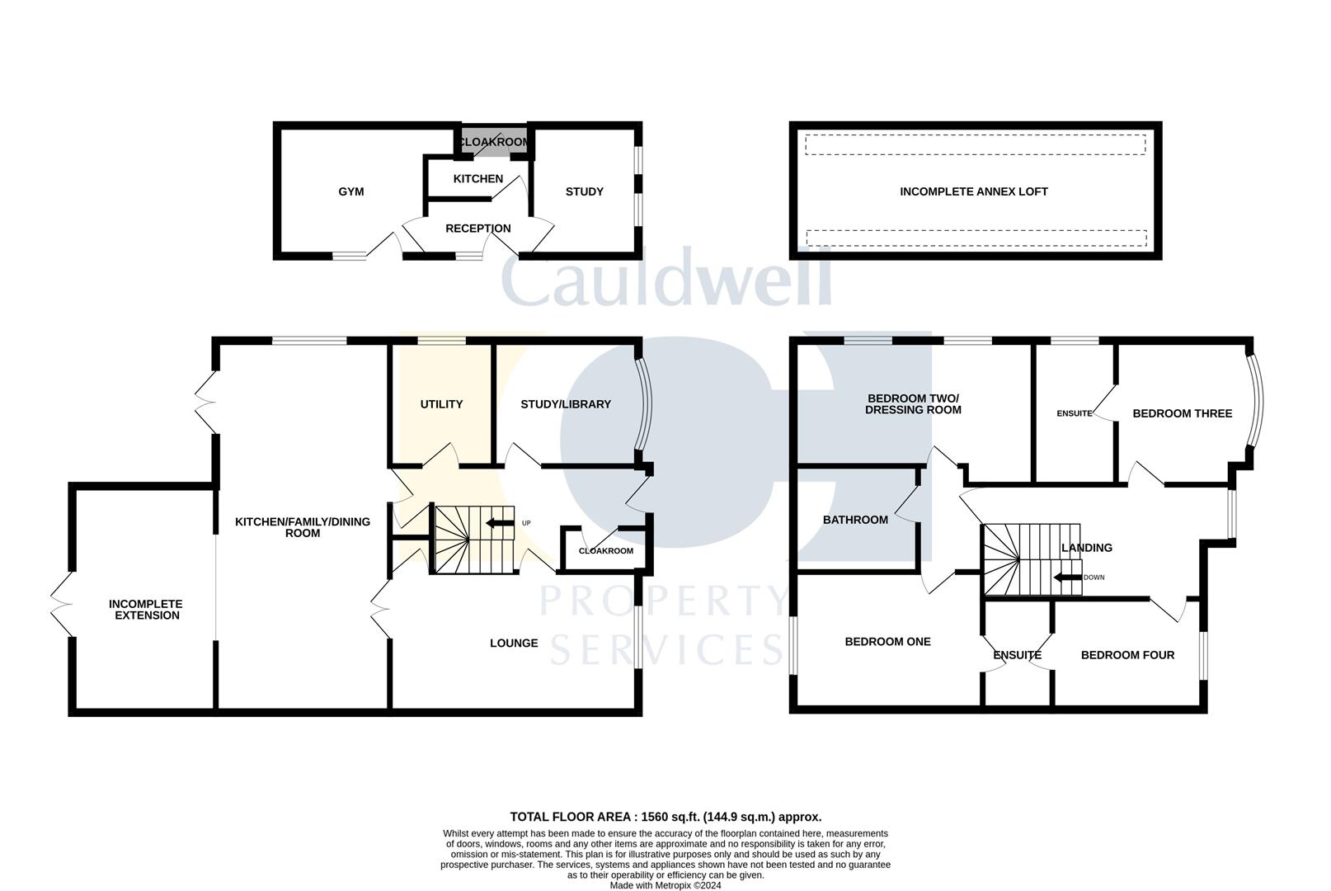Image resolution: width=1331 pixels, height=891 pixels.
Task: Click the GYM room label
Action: pyautogui.click(x=350, y=191)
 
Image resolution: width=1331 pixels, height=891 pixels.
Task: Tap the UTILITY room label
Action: pyautogui.click(x=441, y=404)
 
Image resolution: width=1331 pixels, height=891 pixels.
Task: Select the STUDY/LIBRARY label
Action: pyautogui.click(x=566, y=404)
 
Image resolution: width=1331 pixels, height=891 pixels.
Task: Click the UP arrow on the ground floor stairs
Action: pyautogui.click(x=500, y=523)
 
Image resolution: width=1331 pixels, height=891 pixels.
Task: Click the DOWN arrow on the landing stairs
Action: pyautogui.click(x=1068, y=577)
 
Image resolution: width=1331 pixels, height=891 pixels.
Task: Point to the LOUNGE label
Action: pyautogui.click(x=514, y=643)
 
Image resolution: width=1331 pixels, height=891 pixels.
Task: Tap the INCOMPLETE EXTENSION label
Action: pyautogui.click(x=146, y=610)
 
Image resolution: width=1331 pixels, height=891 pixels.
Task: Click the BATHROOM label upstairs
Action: pyautogui.click(x=855, y=520)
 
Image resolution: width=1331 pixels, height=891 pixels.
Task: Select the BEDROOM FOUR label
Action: pyautogui.click(x=1127, y=655)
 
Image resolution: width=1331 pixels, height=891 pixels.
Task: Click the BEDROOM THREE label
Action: pyautogui.click(x=1182, y=413)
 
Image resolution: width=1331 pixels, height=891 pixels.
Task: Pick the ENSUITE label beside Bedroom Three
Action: pyautogui.click(x=1074, y=413)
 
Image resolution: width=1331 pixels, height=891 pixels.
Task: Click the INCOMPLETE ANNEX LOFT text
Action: pyautogui.click(x=973, y=191)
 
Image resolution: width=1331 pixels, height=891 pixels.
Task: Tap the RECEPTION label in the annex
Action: pyautogui.click(x=478, y=229)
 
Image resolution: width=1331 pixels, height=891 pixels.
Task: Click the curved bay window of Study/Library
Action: pyautogui.click(x=644, y=404)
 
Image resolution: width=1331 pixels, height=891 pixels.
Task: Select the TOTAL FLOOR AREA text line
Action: pyautogui.click(x=665, y=817)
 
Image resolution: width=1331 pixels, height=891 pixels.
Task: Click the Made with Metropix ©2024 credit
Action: pyautogui.click(x=665, y=885)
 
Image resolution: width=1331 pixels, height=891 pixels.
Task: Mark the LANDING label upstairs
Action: pyautogui.click(x=1086, y=548)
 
